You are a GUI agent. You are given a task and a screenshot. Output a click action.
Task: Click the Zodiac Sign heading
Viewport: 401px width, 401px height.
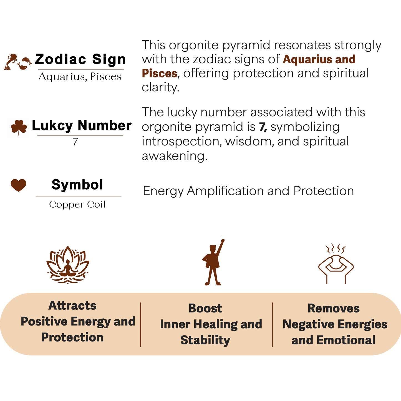(x=80, y=59)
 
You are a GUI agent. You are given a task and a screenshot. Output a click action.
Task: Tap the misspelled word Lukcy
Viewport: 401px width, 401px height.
(x=52, y=126)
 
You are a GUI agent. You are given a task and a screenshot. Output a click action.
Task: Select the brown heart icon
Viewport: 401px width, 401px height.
(x=19, y=185)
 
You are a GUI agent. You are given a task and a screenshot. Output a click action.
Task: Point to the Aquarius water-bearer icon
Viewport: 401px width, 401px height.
(x=10, y=62)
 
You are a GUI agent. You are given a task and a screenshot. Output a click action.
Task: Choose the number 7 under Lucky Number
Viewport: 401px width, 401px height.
(x=75, y=142)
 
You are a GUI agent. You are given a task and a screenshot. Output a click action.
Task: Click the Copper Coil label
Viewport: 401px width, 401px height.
(x=77, y=204)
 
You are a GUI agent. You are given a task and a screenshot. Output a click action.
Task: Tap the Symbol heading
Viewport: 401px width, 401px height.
(x=77, y=185)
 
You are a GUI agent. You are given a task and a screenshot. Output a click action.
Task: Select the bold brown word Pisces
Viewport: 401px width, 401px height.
(x=159, y=74)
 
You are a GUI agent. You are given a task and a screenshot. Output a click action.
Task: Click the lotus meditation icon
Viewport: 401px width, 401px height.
(x=68, y=265)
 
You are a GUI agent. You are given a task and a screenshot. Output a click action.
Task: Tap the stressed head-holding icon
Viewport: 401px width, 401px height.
(x=336, y=264)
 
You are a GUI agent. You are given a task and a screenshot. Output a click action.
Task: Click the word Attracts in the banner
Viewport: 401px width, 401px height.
(x=72, y=306)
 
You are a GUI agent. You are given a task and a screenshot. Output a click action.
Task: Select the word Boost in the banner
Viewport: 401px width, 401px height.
(x=205, y=308)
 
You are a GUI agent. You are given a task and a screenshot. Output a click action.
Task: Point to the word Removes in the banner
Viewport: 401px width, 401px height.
(x=334, y=308)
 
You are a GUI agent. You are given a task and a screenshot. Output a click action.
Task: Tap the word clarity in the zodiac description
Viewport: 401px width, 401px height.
(x=160, y=87)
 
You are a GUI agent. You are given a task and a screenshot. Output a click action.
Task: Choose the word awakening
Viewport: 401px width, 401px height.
(x=175, y=156)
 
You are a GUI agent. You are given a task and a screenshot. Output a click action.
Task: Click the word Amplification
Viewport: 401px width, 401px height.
(x=225, y=191)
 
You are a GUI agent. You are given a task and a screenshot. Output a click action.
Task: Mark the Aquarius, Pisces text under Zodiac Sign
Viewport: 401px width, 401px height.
(x=80, y=77)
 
